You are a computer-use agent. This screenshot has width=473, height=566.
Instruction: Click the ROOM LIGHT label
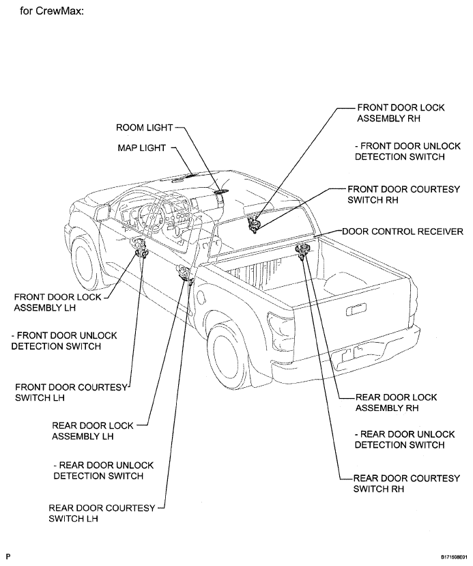coord(144,128)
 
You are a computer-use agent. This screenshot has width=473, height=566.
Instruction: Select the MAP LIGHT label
coord(142,148)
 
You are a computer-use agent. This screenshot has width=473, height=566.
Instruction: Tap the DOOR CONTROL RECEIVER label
coord(403,231)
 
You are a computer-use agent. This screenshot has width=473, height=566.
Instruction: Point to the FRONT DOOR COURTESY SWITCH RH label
coord(404,195)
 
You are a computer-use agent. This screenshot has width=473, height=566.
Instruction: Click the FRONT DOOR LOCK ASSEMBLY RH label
coord(401,113)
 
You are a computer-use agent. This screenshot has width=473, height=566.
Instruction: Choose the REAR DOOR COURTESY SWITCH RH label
coord(407,483)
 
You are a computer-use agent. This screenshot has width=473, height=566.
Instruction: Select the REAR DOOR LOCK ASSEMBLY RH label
coord(396,402)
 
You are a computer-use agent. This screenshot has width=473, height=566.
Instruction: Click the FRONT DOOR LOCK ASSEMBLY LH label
coord(58,302)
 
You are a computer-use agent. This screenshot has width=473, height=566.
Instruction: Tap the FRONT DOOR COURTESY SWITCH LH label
coord(72,393)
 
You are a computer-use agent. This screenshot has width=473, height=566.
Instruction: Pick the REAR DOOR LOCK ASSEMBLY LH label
coord(93,431)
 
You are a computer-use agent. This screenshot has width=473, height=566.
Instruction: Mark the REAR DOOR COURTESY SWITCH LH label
coord(102,513)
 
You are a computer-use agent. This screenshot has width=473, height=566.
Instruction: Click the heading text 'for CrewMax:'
coord(52,11)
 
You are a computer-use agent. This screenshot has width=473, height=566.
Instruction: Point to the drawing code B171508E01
coord(454,558)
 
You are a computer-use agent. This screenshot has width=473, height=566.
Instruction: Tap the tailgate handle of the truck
coord(356,309)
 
